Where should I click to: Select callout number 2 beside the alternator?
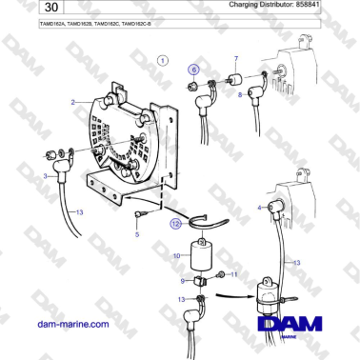tap(73, 101)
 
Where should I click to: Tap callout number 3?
tap(45, 176)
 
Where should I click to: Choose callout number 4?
tap(260, 206)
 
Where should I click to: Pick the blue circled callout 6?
tap(193, 70)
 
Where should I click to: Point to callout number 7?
tap(236, 58)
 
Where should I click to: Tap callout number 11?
tap(236, 274)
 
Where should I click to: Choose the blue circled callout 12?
tap(174, 225)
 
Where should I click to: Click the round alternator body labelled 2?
tap(124, 143)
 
